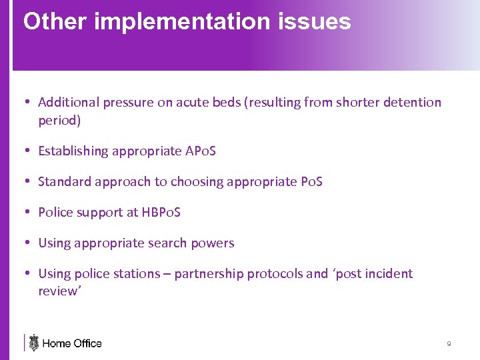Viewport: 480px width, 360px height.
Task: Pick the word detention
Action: [x=413, y=102]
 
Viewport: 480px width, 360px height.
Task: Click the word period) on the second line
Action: [x=59, y=121]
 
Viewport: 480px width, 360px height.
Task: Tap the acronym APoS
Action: [x=200, y=151]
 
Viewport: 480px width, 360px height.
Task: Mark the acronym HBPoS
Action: [x=161, y=213]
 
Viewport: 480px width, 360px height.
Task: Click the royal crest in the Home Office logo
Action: [x=33, y=343]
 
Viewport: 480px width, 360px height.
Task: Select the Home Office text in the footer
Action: [x=72, y=343]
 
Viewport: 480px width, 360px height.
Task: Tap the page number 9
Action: [x=449, y=343]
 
